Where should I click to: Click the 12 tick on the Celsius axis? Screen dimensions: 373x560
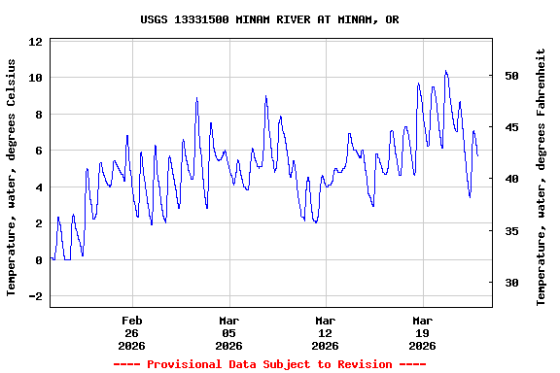pos(36,42)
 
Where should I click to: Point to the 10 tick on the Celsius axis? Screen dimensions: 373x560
pos(36,78)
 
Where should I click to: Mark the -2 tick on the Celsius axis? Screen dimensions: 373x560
pos(36,296)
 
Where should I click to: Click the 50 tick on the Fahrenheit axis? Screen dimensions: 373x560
pos(512,76)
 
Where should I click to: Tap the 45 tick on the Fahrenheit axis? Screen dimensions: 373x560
pos(512,127)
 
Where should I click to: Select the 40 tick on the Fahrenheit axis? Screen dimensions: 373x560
pos(512,179)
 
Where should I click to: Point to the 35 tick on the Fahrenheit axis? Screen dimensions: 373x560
pos(512,231)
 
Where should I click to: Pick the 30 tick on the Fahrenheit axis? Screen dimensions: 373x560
pos(512,283)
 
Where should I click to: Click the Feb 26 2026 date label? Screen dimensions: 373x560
pos(132,332)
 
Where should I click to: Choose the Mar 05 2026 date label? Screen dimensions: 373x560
pos(228,332)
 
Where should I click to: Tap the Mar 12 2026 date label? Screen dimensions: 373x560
pos(326,332)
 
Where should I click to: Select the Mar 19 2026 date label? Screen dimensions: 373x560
pos(422,332)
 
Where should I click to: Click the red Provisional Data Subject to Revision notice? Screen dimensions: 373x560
pos(269,364)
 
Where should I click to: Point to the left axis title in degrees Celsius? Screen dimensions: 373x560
pos(12,176)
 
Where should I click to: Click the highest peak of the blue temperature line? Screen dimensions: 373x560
pos(445,71)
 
